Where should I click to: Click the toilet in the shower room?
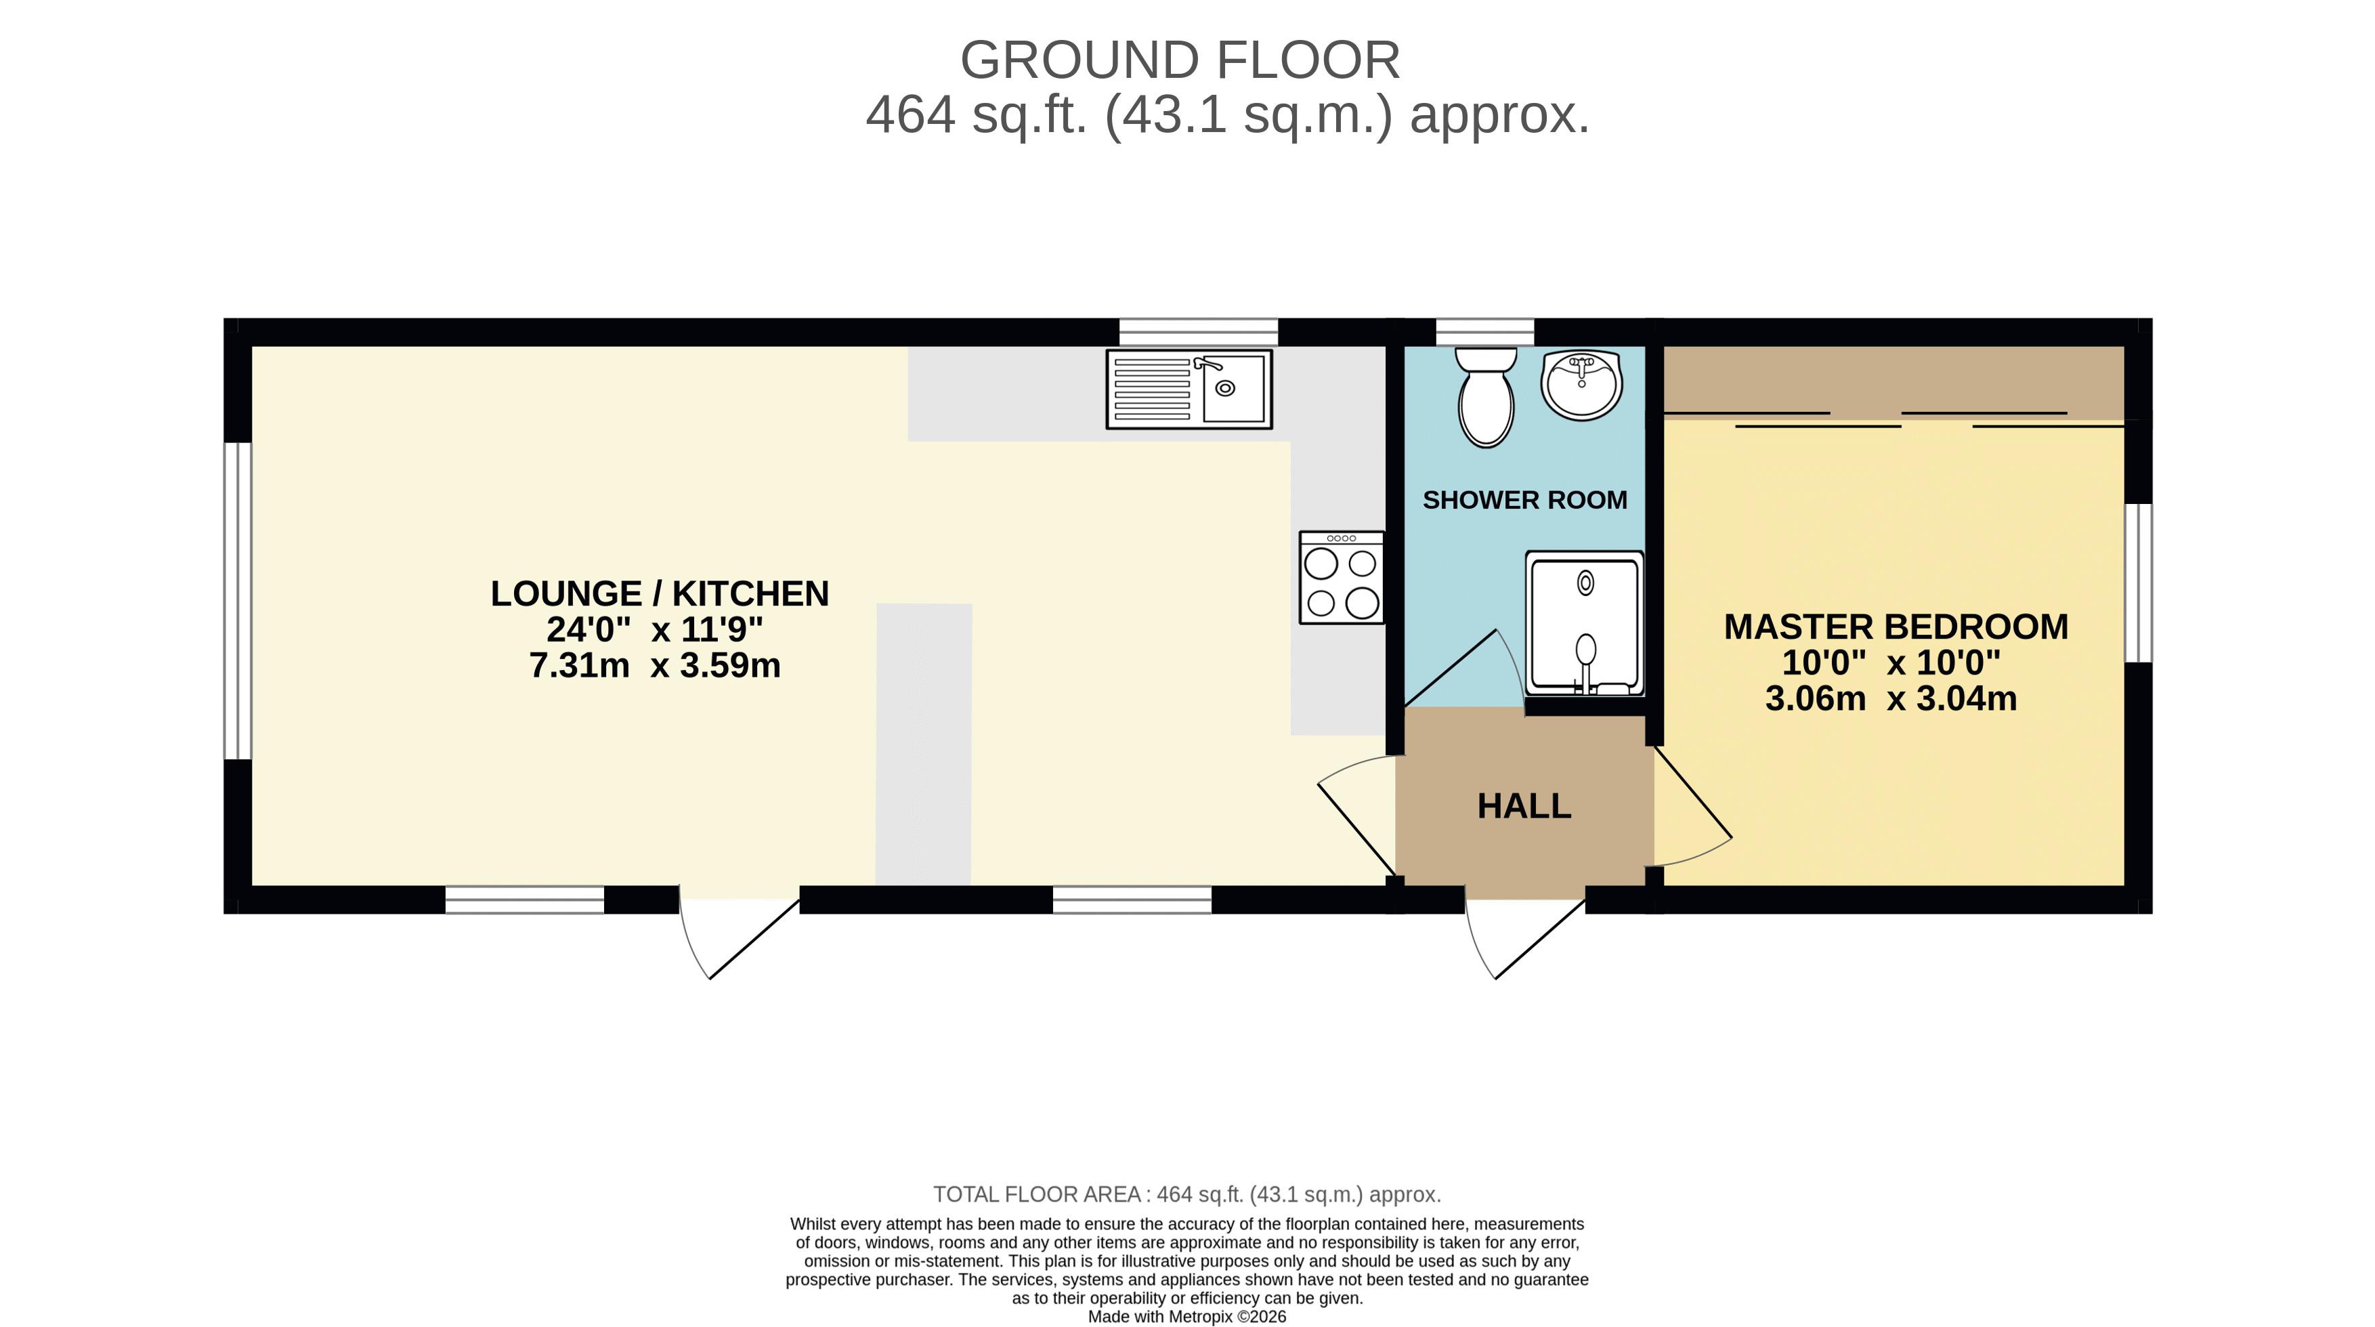click(x=1485, y=398)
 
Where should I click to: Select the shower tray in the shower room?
click(x=1584, y=623)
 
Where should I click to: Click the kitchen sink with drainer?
click(x=1189, y=389)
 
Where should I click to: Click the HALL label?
click(x=1524, y=806)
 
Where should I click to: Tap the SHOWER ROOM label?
click(x=1525, y=500)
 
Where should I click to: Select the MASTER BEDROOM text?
click(x=1896, y=627)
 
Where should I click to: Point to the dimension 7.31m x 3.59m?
click(x=655, y=665)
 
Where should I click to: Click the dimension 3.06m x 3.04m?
click(x=1891, y=698)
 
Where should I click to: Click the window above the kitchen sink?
click(x=1199, y=332)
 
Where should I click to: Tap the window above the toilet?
click(x=1485, y=332)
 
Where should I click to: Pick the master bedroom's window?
click(x=2138, y=583)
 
